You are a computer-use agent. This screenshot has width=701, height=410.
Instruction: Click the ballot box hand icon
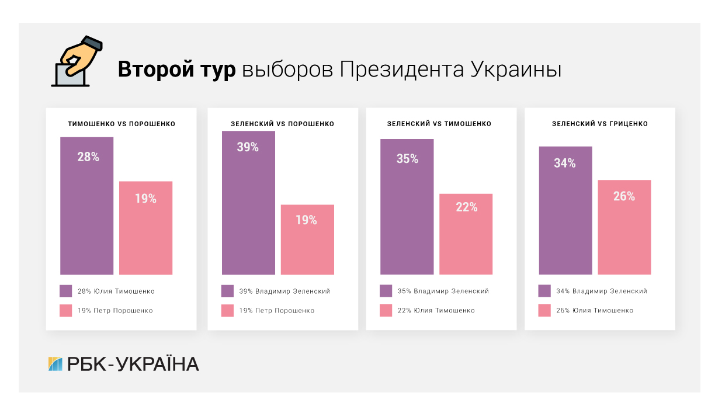(x=76, y=62)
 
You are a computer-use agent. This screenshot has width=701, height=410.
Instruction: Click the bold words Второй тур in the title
(x=176, y=69)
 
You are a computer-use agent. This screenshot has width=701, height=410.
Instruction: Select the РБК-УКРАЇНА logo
(x=123, y=364)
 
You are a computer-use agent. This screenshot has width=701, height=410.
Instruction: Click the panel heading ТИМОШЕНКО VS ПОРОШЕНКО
(x=122, y=124)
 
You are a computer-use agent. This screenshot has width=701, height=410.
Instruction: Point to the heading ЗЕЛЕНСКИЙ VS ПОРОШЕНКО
(x=283, y=124)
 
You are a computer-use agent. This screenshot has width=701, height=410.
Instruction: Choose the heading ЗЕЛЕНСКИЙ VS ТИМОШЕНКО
(x=439, y=124)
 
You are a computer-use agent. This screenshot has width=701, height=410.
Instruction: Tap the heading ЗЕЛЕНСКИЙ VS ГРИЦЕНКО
(x=600, y=124)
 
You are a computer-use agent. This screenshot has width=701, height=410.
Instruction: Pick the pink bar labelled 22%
(x=466, y=234)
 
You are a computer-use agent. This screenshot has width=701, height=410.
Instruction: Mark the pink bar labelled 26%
(x=624, y=227)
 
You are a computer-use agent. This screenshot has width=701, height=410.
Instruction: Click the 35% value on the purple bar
(x=407, y=159)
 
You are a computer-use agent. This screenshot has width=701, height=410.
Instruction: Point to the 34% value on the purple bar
(x=565, y=164)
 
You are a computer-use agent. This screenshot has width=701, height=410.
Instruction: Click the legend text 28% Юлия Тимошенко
(x=116, y=291)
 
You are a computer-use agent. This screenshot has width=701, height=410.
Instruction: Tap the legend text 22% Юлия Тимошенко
(x=436, y=311)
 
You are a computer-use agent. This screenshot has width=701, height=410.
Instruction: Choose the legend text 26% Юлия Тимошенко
(x=594, y=311)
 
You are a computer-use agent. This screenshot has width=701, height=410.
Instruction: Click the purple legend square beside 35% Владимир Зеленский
(x=386, y=291)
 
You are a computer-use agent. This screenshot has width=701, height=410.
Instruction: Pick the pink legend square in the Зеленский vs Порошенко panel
(x=228, y=311)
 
